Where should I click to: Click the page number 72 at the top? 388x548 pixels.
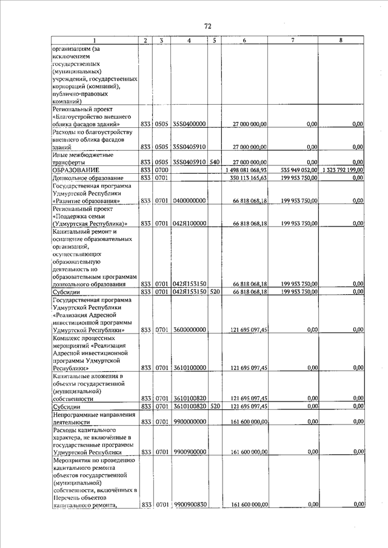(207, 26)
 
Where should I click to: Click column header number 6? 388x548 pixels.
(244, 40)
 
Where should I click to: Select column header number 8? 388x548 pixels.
(341, 40)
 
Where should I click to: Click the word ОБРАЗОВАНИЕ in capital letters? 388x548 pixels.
(76, 170)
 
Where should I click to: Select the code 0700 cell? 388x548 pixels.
(161, 170)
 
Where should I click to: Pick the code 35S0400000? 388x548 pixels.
(189, 124)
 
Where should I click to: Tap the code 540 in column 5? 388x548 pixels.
(215, 162)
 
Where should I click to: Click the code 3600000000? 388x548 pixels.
(190, 330)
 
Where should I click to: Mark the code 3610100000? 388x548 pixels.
(190, 368)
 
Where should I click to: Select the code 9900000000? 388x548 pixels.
(190, 421)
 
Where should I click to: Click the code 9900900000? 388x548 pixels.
(190, 452)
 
